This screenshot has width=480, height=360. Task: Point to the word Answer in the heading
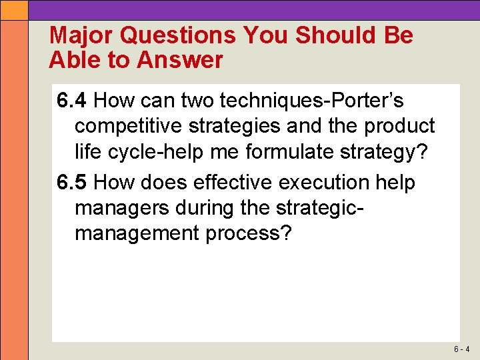180,61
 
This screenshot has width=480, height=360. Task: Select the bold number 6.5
72,182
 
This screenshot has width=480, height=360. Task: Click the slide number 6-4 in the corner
462,349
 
